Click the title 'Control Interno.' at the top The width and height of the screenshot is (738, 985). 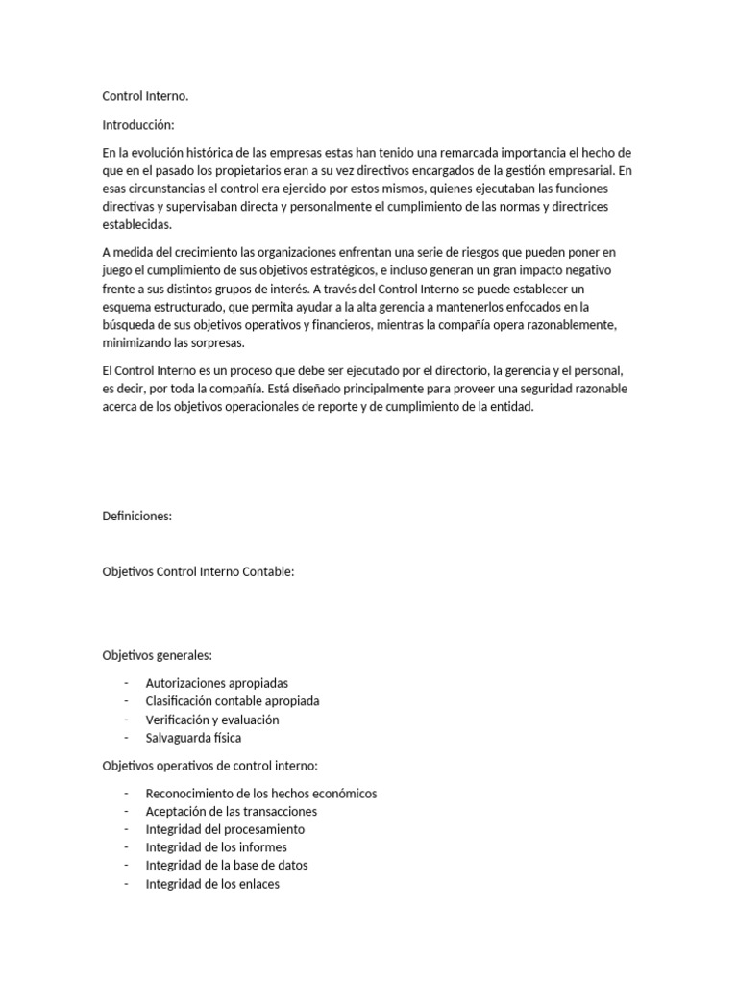[145, 97]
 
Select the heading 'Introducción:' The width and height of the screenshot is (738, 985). [139, 125]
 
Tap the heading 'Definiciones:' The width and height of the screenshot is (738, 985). [136, 517]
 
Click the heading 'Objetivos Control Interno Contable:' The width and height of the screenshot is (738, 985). [198, 572]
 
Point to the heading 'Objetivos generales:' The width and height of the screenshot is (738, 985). [157, 655]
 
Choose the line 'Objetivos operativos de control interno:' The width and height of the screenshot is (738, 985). [209, 766]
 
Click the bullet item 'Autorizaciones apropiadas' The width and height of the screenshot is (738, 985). [216, 683]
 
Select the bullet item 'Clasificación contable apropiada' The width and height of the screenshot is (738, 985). [233, 701]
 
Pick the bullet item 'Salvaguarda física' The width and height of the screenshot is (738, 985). [193, 738]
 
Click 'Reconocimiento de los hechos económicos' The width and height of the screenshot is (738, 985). [261, 794]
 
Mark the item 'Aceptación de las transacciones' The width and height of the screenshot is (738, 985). [231, 812]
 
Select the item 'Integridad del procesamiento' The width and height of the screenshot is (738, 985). [225, 829]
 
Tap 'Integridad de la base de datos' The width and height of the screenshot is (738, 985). [227, 866]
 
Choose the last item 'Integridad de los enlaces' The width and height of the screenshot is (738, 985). [212, 884]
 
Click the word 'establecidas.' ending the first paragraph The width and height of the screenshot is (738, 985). [136, 225]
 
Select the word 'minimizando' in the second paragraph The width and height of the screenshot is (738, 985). [136, 343]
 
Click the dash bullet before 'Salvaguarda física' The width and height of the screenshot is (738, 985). [126, 738]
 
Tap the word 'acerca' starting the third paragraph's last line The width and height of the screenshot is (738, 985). [119, 407]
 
